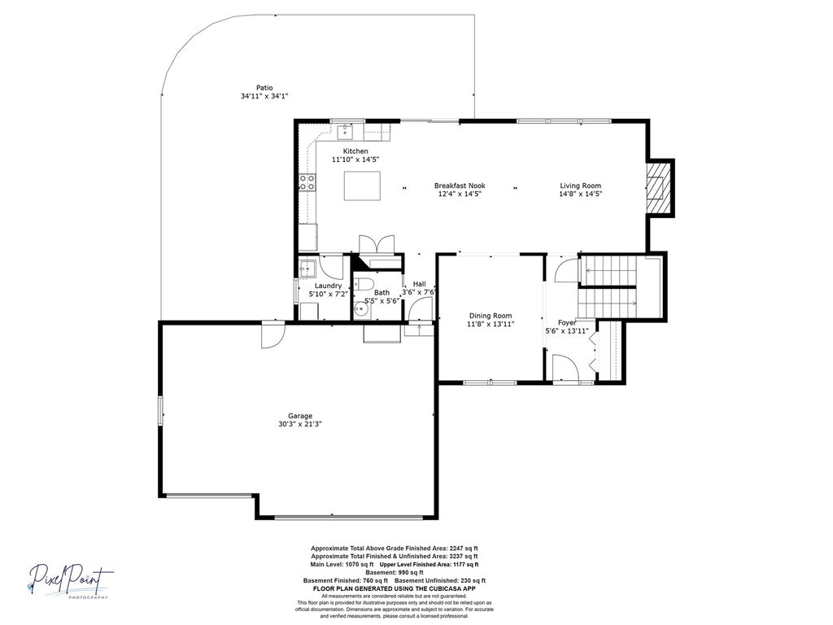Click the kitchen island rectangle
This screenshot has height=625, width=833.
click(x=362, y=186)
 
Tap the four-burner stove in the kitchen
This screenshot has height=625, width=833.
click(x=307, y=182)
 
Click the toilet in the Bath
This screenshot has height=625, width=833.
click(x=364, y=283)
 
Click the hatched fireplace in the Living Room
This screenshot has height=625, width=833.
click(x=658, y=188)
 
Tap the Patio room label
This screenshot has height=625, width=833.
click(x=264, y=88)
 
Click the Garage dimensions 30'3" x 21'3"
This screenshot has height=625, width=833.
click(x=300, y=424)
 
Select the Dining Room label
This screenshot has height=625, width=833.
click(x=491, y=316)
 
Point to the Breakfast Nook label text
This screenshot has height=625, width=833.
click(x=460, y=186)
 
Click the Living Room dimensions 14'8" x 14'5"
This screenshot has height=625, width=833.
click(x=580, y=194)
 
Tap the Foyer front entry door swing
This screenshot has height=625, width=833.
click(x=565, y=368)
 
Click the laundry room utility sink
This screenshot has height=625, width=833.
click(x=307, y=268)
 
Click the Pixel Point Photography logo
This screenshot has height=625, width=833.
click(x=70, y=581)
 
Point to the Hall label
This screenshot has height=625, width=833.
click(x=420, y=284)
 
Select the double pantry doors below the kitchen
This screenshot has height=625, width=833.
click(x=377, y=245)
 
